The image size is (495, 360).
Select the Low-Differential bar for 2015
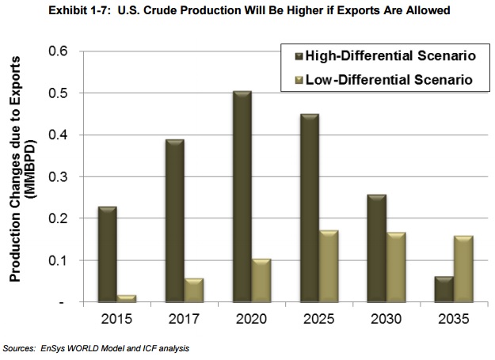pyautogui.click(x=127, y=298)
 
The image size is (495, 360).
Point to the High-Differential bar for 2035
pyautogui.click(x=444, y=290)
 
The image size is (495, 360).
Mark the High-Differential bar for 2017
pyautogui.click(x=174, y=221)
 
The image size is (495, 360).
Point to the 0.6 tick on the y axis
pyautogui.click(x=59, y=51)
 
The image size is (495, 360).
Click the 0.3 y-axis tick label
pyautogui.click(x=59, y=177)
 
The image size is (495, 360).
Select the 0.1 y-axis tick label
pyautogui.click(x=59, y=261)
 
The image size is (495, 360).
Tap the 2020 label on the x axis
pyautogui.click(x=251, y=320)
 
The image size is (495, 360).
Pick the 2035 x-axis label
pyautogui.click(x=454, y=320)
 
